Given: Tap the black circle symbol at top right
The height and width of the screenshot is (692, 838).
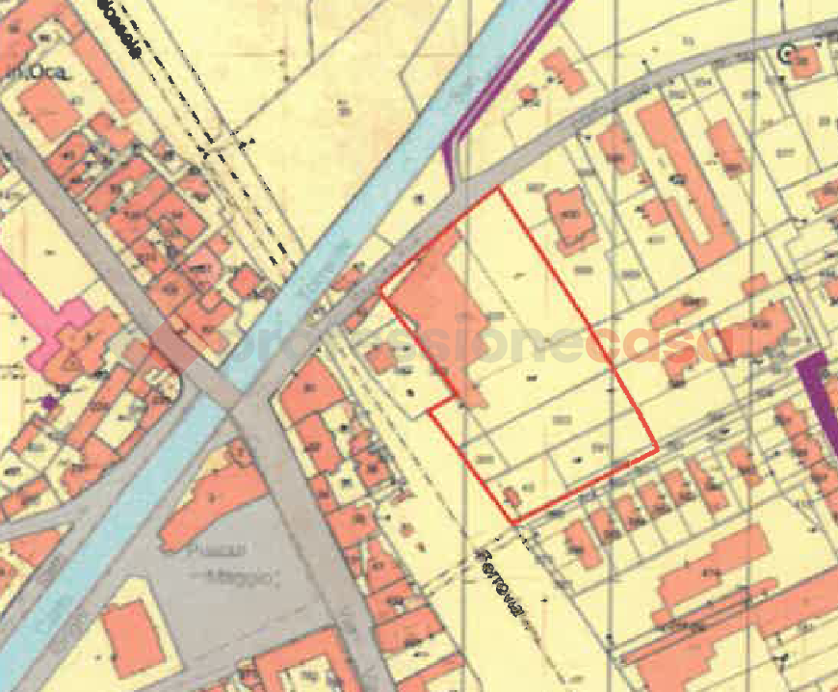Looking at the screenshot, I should coord(785,55).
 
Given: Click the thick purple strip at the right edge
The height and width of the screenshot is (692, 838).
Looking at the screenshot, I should coord(817,395).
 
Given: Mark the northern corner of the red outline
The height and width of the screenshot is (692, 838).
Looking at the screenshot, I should coord(499,189).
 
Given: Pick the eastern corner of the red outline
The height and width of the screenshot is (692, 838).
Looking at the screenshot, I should coord(657,448).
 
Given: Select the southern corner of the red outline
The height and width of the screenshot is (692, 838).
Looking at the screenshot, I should coord(515,523).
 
